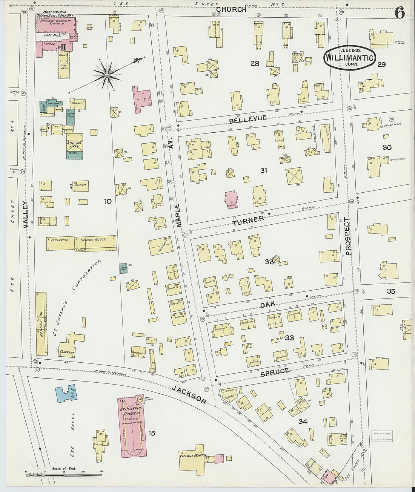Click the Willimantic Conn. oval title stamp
(349, 58)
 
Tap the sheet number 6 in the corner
(400, 14)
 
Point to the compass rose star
(107, 75)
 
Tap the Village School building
(194, 457)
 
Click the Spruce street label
(275, 372)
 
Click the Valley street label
(25, 215)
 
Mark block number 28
(255, 63)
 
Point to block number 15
(151, 433)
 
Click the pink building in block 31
(231, 199)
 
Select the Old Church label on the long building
(60, 240)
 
